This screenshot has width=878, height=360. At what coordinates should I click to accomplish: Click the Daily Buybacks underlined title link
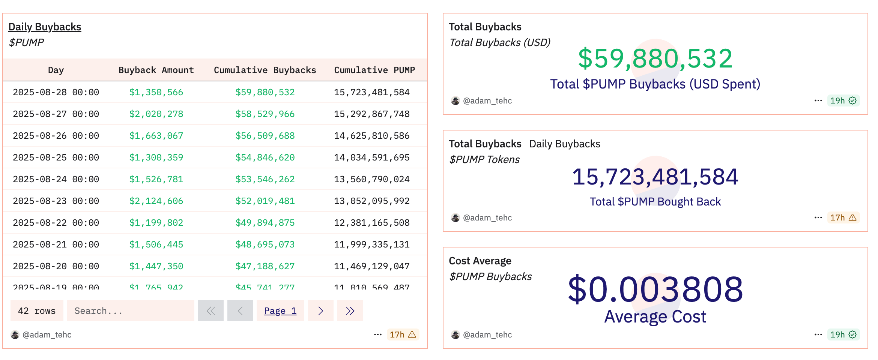[x=45, y=27]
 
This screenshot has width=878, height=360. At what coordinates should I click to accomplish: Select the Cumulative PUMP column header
[x=374, y=70]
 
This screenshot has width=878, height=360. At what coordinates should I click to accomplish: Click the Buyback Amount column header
[x=156, y=70]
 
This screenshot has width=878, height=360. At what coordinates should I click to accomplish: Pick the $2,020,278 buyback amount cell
[x=156, y=114]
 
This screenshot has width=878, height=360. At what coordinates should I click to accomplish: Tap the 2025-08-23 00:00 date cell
[x=56, y=201]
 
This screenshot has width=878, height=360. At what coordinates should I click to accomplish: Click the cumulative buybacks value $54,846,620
[x=265, y=157]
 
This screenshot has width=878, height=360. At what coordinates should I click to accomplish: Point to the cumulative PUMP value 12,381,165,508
[x=371, y=223]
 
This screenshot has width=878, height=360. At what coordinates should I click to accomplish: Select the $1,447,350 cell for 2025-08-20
[x=156, y=266]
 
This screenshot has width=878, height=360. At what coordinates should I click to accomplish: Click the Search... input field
[x=131, y=311]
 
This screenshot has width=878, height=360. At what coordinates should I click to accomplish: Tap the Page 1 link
[x=280, y=311]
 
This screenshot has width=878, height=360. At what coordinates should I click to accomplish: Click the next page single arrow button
[x=320, y=311]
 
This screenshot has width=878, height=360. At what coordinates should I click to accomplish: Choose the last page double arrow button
[x=350, y=311]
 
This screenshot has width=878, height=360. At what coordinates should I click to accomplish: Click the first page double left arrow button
[x=211, y=311]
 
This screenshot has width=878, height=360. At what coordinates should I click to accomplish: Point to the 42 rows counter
[x=37, y=311]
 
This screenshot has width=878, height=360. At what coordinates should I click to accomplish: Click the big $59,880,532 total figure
[x=655, y=59]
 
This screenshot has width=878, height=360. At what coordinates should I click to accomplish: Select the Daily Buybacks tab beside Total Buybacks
[x=565, y=144]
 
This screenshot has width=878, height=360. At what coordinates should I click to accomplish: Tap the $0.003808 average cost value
[x=655, y=289]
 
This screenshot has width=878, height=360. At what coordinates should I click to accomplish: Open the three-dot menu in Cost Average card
[x=818, y=334]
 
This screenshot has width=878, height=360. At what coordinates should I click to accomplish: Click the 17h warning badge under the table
[x=403, y=334]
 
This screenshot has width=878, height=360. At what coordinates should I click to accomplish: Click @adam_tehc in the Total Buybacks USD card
[x=487, y=100]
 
